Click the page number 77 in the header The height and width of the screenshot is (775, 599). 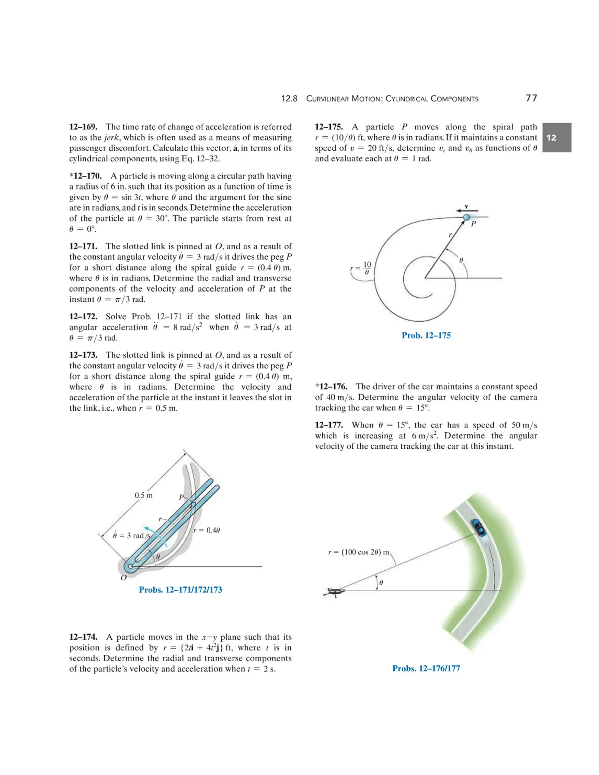point(531,98)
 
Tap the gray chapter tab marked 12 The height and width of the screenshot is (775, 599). point(556,138)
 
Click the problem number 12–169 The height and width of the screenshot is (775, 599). point(83,127)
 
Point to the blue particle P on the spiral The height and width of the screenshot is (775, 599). point(466,217)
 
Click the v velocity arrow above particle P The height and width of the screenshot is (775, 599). point(467,210)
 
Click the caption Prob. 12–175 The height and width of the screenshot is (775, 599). point(426,335)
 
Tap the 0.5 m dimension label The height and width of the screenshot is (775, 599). point(143,495)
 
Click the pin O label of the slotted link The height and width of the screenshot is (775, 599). point(123,578)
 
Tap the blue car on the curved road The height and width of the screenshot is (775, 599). point(478,528)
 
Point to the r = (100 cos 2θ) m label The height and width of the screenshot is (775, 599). point(358,552)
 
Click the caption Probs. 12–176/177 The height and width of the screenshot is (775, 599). point(426,668)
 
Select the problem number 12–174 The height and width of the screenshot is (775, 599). point(83,637)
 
